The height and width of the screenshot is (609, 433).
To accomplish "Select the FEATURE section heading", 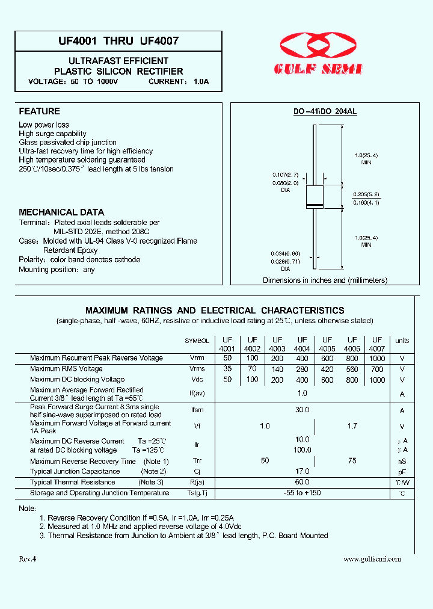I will point(39,111).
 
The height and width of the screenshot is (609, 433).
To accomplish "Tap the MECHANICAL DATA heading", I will point(61,212).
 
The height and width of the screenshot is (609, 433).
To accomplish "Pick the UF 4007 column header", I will point(376,344).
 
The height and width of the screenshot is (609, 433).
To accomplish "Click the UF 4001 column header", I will point(227,344).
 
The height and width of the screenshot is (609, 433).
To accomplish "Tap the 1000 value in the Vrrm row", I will point(377,358).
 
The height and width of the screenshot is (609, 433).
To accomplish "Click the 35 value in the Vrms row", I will point(227,369).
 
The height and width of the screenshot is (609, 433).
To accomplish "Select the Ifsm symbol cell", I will point(197,410).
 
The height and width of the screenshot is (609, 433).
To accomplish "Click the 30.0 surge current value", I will point(302,409).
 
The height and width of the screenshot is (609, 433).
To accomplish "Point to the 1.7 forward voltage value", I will point(352,426).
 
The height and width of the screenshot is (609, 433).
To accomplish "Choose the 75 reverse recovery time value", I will point(352,460).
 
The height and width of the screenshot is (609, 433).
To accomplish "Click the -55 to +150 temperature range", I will point(302,493).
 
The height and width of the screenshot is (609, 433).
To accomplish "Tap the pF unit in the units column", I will point(402,472).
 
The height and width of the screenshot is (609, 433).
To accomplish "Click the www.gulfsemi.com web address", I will point(372,559).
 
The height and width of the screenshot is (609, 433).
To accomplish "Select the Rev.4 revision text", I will point(28,559).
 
